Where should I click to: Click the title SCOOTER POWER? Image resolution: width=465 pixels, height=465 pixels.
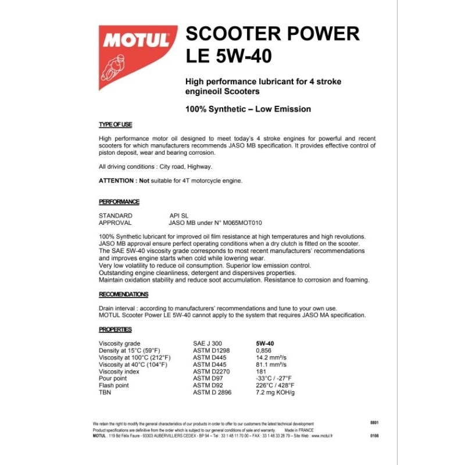[272, 34]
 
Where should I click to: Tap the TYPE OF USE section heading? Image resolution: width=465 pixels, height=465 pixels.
[116, 125]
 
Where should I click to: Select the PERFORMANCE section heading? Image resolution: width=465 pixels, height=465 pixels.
[119, 202]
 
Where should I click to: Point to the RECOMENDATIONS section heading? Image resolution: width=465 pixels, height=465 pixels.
[123, 294]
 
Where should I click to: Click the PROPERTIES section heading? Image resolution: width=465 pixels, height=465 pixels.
[116, 329]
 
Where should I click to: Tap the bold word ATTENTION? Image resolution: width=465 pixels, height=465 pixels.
[118, 181]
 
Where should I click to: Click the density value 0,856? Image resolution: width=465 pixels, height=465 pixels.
[264, 350]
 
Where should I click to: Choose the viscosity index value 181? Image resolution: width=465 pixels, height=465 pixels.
[261, 371]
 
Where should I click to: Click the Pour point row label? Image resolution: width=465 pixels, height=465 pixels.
[113, 378]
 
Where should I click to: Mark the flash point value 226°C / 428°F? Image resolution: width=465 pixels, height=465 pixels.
[276, 385]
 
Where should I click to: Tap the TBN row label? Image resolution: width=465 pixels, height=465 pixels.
[105, 392]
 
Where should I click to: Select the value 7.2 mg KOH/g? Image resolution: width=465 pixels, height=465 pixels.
[276, 392]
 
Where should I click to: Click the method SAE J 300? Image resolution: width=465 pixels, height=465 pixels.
[208, 344]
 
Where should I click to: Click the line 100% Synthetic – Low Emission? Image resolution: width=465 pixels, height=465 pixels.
[248, 109]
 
